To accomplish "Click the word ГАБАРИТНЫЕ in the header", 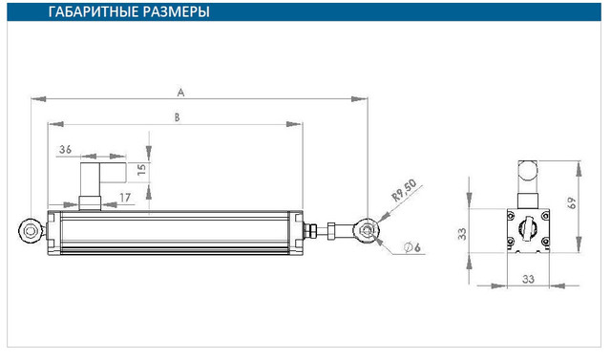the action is [x=93, y=11].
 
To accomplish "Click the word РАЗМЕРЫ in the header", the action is [x=176, y=11].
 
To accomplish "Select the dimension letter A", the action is [x=180, y=93].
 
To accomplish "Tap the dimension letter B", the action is [x=177, y=117].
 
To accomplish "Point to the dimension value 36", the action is [x=66, y=149].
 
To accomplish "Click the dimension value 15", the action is [x=141, y=169].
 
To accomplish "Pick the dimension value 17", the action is [x=125, y=198].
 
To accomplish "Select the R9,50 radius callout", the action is [x=404, y=190].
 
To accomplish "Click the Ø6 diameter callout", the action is [x=412, y=247].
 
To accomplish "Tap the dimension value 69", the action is [x=572, y=202].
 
